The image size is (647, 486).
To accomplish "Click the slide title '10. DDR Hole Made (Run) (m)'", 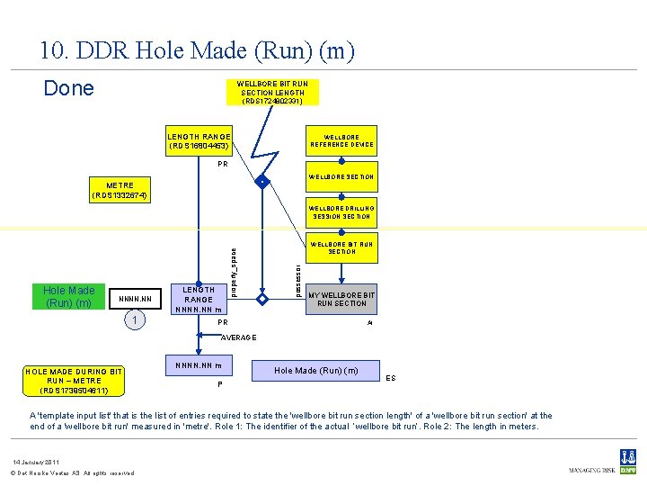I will tap(197, 51).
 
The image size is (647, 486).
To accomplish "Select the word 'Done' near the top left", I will tap(69, 88).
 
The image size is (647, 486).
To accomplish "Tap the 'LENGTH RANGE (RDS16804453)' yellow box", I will tap(199, 141).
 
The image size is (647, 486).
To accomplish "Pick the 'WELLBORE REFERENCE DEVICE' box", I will tap(341, 141).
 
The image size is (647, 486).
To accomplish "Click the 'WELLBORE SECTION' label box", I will tap(341, 176).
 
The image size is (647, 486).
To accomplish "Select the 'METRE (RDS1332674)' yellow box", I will tap(120, 191).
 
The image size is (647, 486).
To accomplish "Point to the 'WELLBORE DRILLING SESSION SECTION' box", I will tap(341, 212).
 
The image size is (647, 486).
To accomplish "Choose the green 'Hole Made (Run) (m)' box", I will tap(69, 296).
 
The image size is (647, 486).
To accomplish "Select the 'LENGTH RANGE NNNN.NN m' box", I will tap(199, 299).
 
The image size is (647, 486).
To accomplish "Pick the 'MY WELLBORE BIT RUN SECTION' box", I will tap(341, 299).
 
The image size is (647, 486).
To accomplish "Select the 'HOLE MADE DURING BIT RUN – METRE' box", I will tap(75, 381).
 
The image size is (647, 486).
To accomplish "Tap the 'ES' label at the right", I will tap(391, 378).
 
